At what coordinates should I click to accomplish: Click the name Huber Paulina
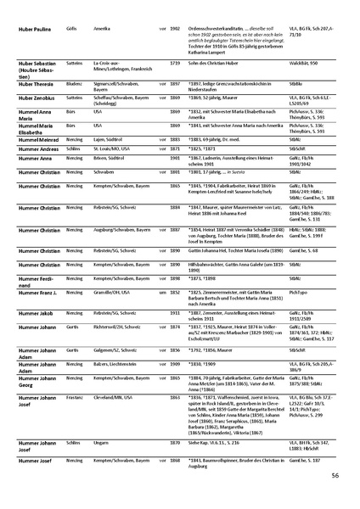(x=32, y=28)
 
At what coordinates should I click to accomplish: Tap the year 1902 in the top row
(x=175, y=28)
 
